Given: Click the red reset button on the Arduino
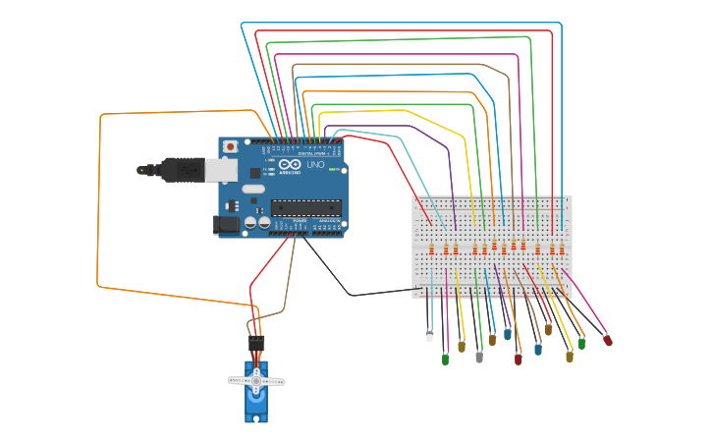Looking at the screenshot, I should point(230,146).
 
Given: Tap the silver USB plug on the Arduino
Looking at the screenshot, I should point(220,170).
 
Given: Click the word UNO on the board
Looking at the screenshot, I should point(315,165).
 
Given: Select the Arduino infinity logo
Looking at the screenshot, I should point(290,164).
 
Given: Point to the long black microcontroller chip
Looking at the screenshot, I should point(305,207).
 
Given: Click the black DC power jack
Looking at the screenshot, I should point(226,225).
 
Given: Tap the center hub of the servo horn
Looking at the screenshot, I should point(256,380).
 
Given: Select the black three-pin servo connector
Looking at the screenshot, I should point(256,344).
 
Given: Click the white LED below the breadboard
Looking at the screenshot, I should point(429,336).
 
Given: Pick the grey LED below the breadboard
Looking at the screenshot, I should point(479,357).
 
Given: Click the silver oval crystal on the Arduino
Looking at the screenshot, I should point(253,189).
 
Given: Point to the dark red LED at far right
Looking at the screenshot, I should point(607,340).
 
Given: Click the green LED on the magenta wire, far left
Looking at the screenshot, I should point(445,360).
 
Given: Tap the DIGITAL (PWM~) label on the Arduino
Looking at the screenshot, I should point(313,153).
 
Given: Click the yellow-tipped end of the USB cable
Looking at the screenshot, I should point(142,170).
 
